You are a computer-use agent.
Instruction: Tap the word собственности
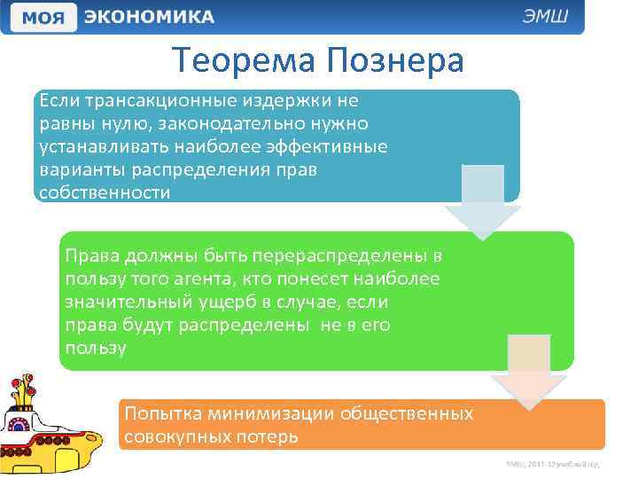tap(105, 192)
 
